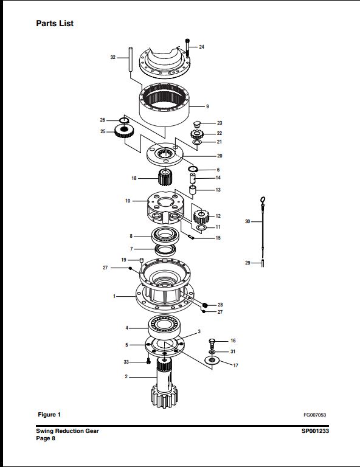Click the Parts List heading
point(55,23)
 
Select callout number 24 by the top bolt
point(202,47)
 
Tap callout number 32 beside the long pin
point(113,57)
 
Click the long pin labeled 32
point(130,59)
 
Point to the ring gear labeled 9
point(164,105)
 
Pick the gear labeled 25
point(124,131)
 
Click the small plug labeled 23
point(196,123)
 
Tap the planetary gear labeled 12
point(201,217)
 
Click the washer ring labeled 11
point(202,228)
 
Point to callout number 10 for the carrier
point(128,201)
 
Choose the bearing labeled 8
point(165,235)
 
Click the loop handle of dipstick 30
point(263,199)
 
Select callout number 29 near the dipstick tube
point(247,263)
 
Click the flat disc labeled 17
point(212,361)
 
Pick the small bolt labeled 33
point(148,362)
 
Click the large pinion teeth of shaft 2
point(164,397)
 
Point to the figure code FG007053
point(315,415)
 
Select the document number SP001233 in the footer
point(315,431)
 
